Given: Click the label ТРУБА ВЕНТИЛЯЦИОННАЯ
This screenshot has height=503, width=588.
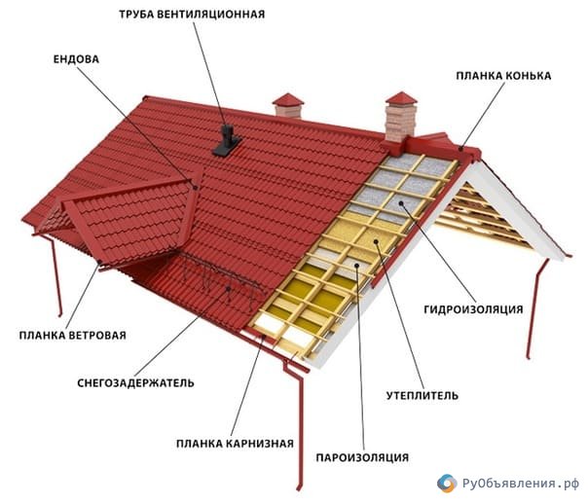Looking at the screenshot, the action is [x=192, y=15].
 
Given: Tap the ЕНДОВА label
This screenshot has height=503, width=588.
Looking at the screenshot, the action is [x=76, y=59].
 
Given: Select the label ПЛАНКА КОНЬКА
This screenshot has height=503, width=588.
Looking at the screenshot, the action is [x=503, y=76].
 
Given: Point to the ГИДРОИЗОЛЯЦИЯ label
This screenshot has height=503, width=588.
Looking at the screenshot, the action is [x=473, y=309].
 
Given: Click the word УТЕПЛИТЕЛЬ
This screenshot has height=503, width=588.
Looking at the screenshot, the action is [x=423, y=395].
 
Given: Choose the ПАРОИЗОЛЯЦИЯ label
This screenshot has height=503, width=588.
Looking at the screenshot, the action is [x=362, y=457].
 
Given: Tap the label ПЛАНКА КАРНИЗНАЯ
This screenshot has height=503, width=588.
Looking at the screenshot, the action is [x=236, y=444].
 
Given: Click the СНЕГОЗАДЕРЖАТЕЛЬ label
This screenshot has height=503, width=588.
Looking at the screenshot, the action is [x=135, y=383].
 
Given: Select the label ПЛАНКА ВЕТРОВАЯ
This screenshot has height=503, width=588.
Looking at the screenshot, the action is [x=73, y=335].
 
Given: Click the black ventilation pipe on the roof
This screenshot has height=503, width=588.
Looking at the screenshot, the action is [x=227, y=141].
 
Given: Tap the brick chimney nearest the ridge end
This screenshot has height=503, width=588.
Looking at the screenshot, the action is [x=401, y=117].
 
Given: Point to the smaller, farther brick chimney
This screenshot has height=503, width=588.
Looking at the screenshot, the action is [x=288, y=105].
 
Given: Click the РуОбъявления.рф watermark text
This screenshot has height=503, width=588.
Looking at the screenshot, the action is [x=521, y=484].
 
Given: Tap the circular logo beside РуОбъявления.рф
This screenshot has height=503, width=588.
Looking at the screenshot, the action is [x=447, y=484].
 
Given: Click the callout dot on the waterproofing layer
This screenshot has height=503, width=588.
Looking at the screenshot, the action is [x=401, y=203].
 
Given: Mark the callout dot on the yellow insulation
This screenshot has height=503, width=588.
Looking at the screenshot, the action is [x=376, y=241].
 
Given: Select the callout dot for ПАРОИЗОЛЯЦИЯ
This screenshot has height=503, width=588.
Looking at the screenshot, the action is [x=357, y=266].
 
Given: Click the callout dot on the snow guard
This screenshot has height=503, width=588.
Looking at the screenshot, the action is [x=228, y=288].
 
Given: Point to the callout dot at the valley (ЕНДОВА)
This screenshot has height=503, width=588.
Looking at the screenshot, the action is [x=195, y=187].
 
